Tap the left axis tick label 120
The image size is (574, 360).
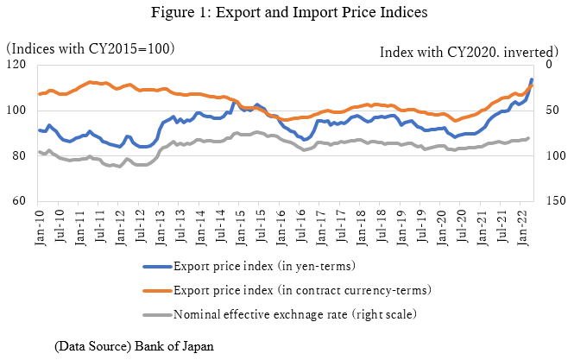16,65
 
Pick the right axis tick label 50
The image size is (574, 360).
554,111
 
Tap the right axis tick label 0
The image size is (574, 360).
551,65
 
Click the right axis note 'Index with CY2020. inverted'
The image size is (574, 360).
474,52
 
